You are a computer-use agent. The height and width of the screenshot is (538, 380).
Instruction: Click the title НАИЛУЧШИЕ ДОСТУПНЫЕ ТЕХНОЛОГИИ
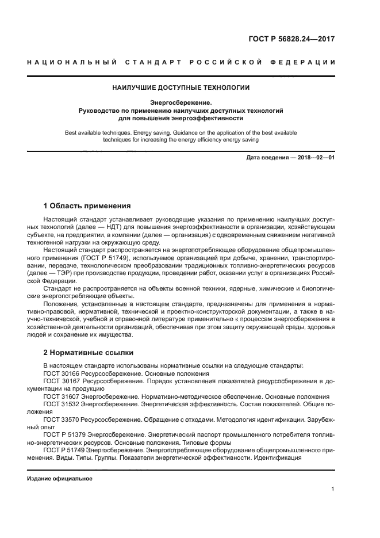pos(181,88)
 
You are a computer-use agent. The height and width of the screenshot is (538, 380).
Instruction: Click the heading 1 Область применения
pos(87,205)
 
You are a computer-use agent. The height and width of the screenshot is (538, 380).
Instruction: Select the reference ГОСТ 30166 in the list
pos(62,373)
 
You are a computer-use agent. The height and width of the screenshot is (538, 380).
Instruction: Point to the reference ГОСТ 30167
pos(62,381)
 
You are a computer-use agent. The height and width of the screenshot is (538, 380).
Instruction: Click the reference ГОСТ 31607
pos(62,396)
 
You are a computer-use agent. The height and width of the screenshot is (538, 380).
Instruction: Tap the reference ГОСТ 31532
pos(62,405)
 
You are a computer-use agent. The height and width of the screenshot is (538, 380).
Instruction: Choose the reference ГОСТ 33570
pos(62,420)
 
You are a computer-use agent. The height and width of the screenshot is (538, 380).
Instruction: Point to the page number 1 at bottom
pos(333,489)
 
